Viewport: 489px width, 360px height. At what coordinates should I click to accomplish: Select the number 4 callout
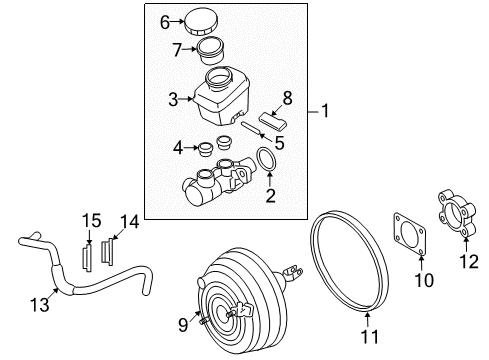click(x=178, y=148)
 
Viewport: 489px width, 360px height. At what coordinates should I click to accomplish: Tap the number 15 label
click(x=91, y=221)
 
